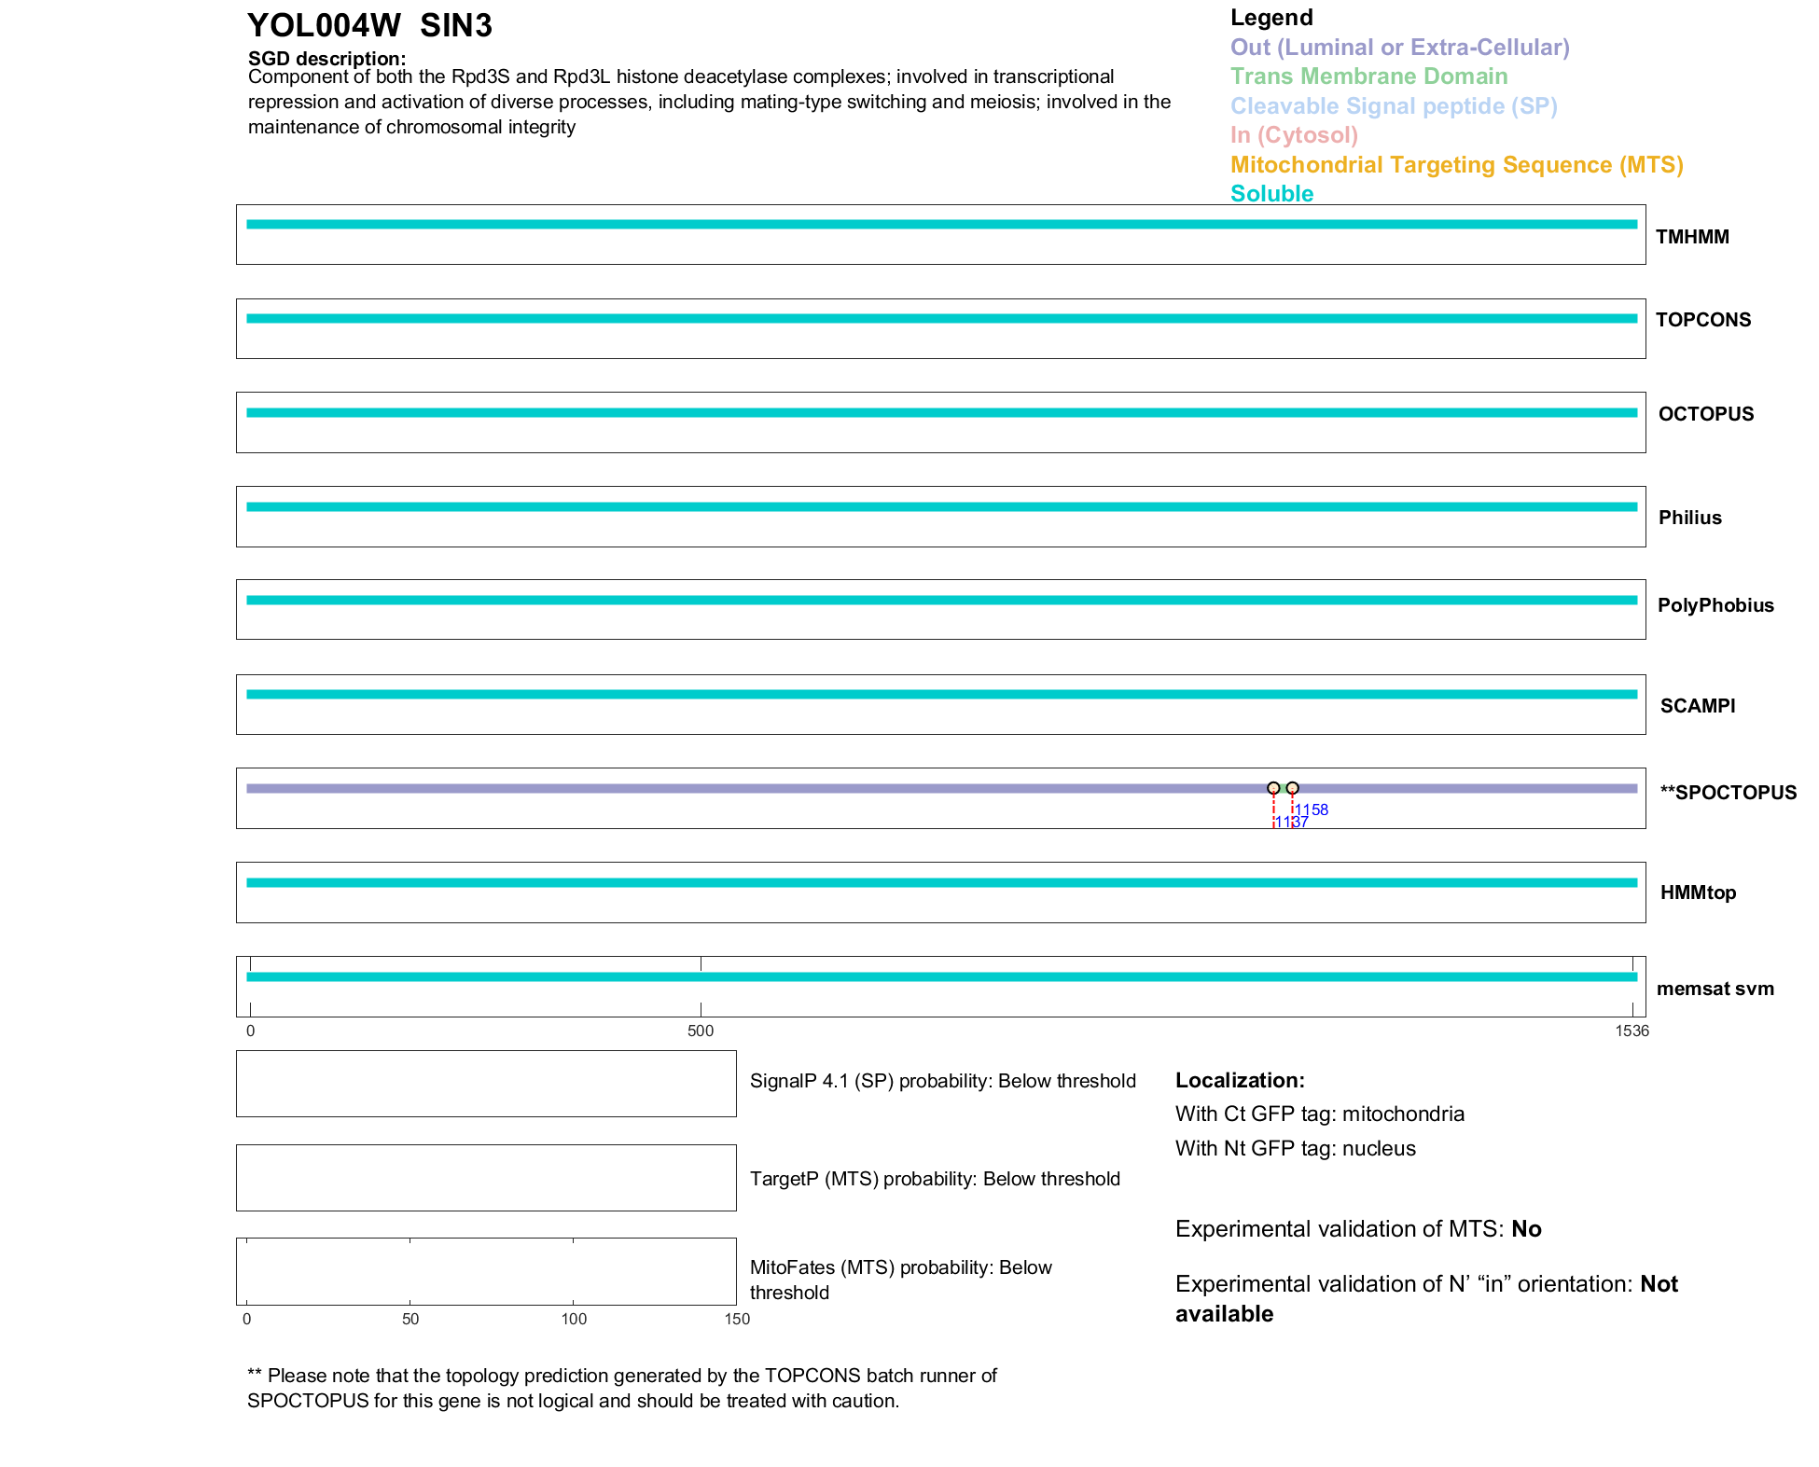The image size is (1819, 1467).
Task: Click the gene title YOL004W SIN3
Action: (x=369, y=25)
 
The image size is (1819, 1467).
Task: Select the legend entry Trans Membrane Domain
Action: (x=1368, y=76)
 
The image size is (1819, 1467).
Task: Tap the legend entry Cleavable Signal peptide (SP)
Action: (x=1394, y=106)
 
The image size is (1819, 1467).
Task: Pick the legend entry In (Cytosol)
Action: (x=1294, y=135)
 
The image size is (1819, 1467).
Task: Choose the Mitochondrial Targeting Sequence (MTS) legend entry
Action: (x=1456, y=165)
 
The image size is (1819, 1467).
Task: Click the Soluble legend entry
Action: (x=1271, y=194)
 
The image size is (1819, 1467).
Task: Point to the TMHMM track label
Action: (x=1692, y=237)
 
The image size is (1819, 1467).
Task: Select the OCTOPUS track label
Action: (x=1705, y=414)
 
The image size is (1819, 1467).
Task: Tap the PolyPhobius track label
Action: (x=1715, y=605)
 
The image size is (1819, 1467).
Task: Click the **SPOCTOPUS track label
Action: (x=1728, y=793)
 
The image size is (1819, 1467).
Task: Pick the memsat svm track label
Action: (x=1715, y=989)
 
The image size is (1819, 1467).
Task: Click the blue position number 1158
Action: (x=1312, y=810)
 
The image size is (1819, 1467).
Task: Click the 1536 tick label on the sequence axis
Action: (x=1632, y=1031)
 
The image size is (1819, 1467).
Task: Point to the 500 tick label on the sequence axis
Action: (x=701, y=1031)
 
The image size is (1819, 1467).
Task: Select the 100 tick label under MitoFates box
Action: (x=574, y=1319)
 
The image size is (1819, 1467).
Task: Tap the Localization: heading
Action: (x=1240, y=1080)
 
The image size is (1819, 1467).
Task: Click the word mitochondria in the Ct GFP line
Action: (x=1403, y=1114)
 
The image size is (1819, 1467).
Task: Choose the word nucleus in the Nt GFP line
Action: (x=1379, y=1148)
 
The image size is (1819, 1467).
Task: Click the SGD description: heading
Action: (x=326, y=59)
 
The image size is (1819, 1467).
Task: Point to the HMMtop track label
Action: (x=1698, y=893)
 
